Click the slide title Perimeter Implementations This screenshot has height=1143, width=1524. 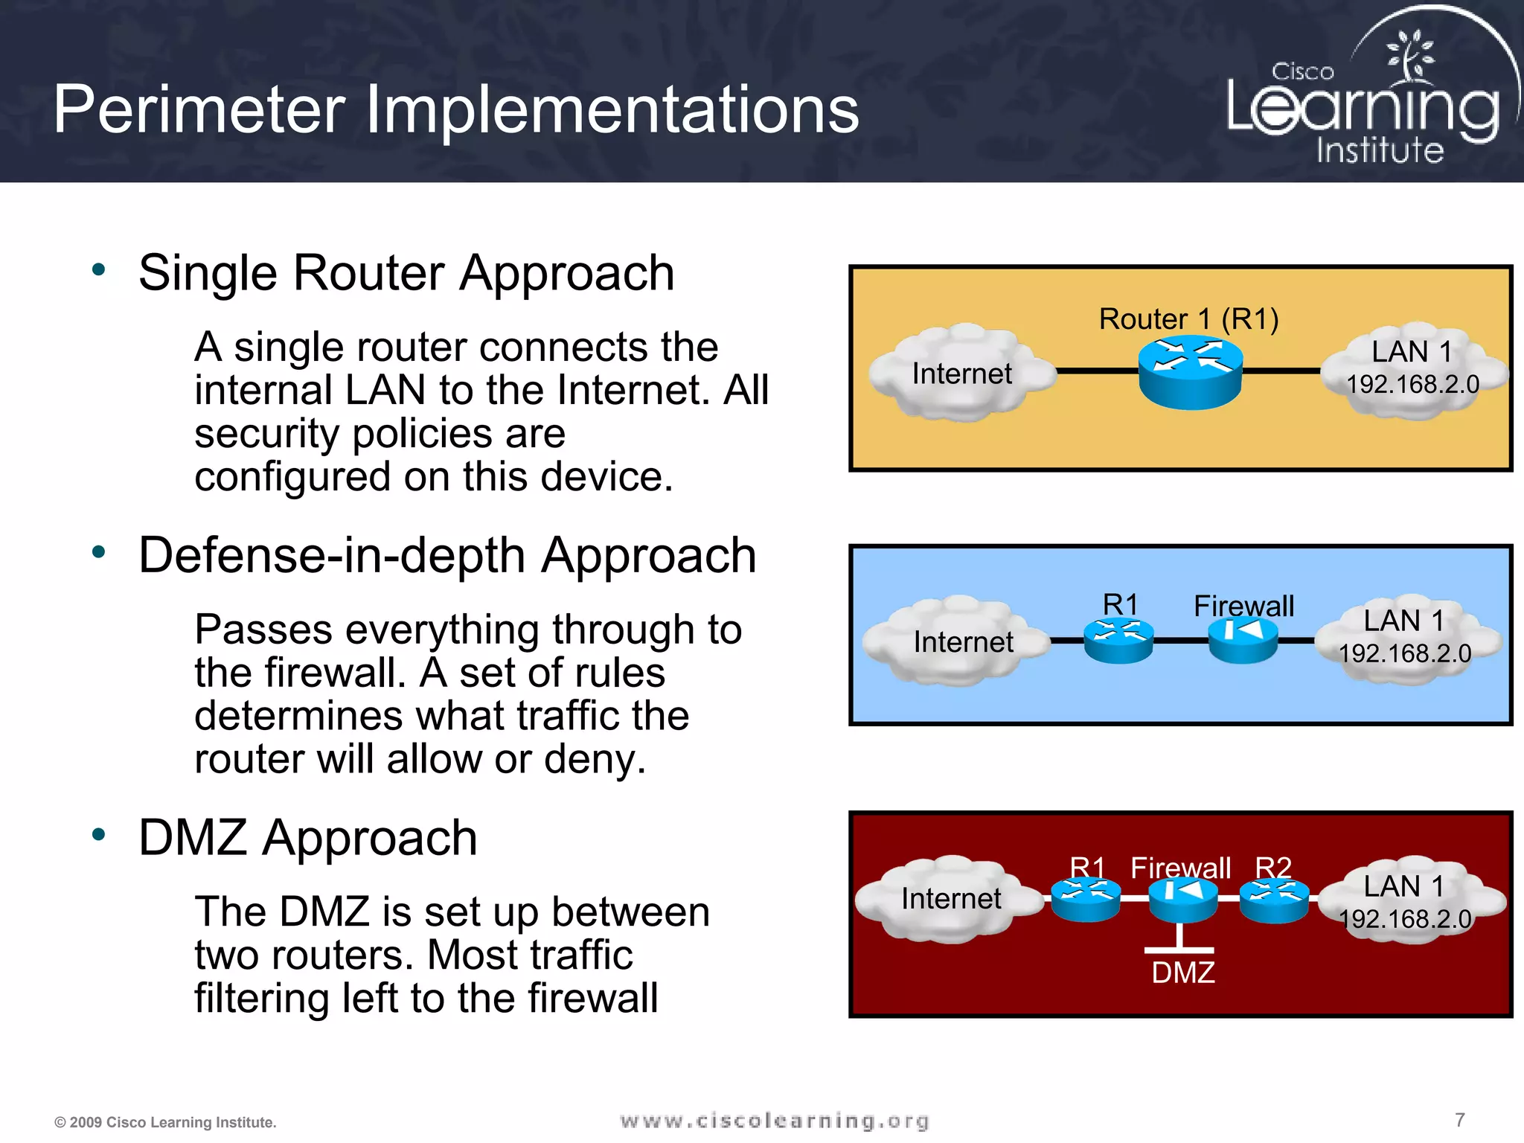[455, 109]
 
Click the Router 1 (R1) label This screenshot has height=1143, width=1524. [1188, 318]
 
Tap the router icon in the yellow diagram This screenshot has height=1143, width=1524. [1190, 371]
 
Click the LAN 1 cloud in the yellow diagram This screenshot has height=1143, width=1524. [1412, 368]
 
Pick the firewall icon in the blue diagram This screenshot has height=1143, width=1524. [1243, 641]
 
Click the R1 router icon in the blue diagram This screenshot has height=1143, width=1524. [1118, 640]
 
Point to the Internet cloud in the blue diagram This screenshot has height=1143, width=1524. [956, 641]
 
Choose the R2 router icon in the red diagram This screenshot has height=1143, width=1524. [1274, 900]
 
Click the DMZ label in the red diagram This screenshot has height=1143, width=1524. [1183, 973]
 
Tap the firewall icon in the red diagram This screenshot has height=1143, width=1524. [1182, 900]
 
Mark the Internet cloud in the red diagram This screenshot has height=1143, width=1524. [948, 898]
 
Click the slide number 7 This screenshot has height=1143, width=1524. [1460, 1119]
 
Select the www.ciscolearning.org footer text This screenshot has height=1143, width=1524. [774, 1121]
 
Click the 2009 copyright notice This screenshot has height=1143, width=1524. [165, 1122]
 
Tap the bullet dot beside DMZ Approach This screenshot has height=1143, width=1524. [99, 834]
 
